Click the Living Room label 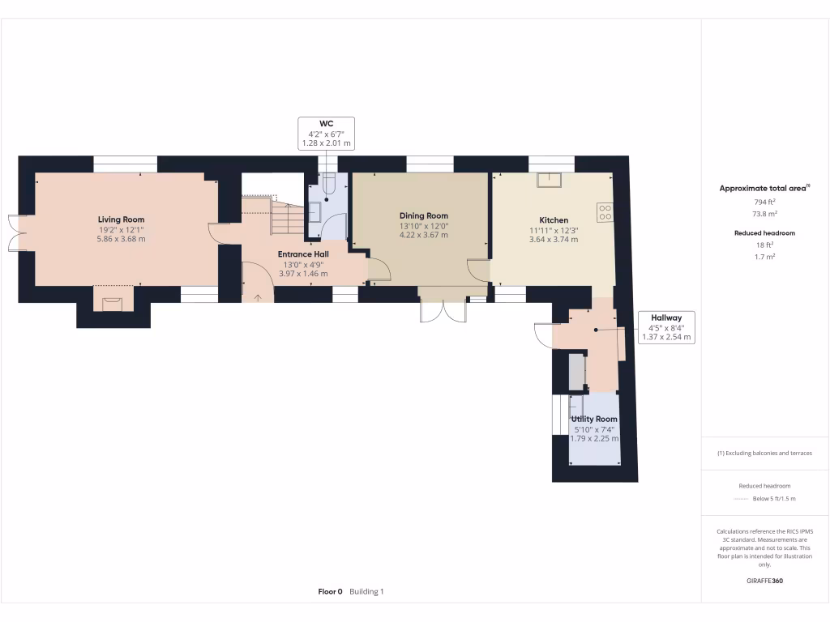point(122,219)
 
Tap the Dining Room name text point(423,215)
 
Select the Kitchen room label point(554,220)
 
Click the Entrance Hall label point(303,254)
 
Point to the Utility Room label point(594,419)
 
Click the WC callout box point(326,134)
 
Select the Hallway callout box point(666,327)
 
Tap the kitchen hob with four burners point(605,213)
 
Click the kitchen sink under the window point(550,180)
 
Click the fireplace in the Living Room point(112,305)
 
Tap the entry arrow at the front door point(258,298)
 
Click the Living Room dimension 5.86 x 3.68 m point(122,239)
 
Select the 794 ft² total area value point(765,202)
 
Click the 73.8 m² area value point(765,214)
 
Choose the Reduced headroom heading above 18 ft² point(765,232)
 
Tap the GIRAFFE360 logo point(765,581)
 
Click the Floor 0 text point(331,592)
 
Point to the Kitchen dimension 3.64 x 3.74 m point(554,240)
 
